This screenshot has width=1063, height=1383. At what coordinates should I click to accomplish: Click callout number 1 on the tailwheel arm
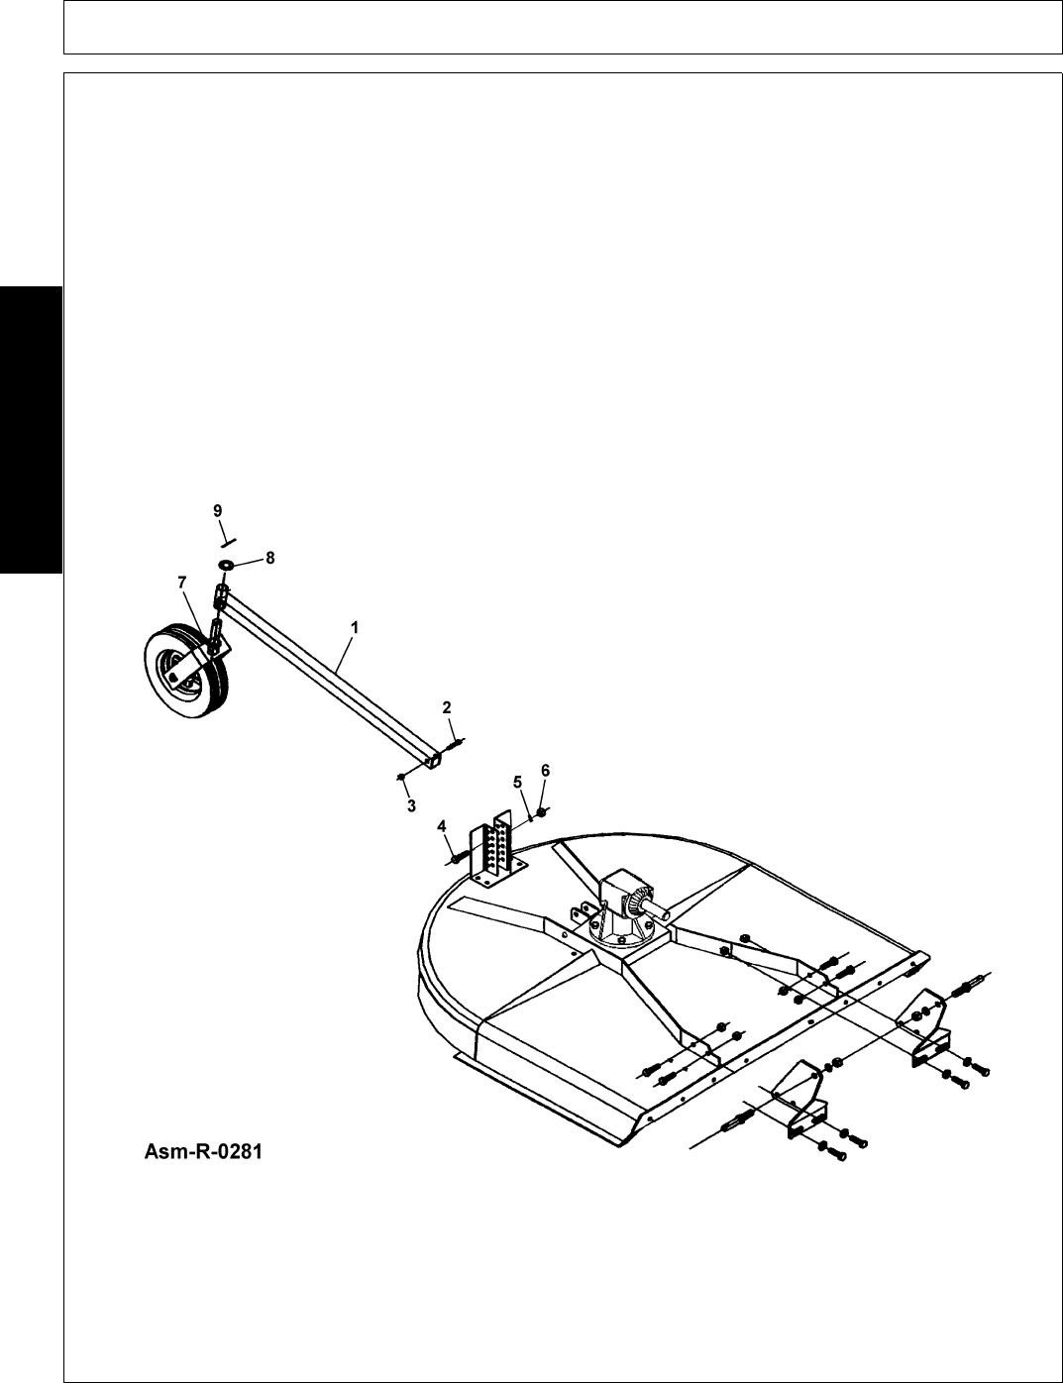click(x=354, y=627)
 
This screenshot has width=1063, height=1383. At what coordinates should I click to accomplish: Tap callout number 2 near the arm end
click(x=447, y=706)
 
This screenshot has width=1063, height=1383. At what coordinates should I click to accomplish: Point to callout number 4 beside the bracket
click(x=441, y=825)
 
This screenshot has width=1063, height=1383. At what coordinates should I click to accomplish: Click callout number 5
click(x=516, y=781)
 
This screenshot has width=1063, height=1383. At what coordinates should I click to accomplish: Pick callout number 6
click(x=545, y=770)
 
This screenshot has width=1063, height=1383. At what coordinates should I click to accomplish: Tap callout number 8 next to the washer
click(x=269, y=557)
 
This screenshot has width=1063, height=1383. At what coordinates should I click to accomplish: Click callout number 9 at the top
click(x=217, y=510)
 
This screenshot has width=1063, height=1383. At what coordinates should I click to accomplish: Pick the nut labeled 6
click(x=539, y=814)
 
